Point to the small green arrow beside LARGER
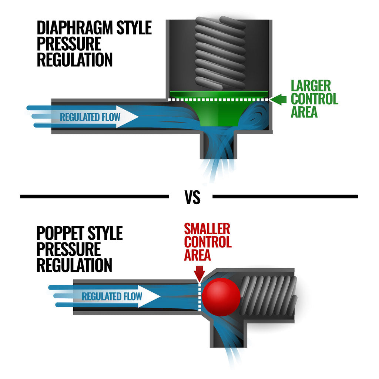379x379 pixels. point(278,100)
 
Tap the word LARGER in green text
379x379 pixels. point(311,86)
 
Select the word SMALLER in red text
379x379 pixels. point(207,229)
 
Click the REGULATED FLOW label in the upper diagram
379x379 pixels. point(90,118)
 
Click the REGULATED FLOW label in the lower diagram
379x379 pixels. point(112,296)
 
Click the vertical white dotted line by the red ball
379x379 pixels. point(200,297)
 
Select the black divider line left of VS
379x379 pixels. point(94,197)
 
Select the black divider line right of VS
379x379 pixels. point(285,197)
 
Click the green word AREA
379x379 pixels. point(304,112)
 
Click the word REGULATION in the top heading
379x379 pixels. point(75,60)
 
